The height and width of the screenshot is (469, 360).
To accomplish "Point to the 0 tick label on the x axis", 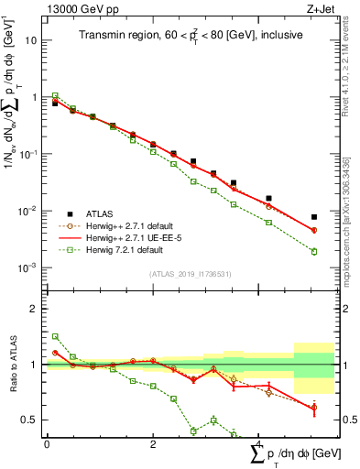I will (47, 444).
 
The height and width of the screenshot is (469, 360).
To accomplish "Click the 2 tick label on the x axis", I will (152, 444).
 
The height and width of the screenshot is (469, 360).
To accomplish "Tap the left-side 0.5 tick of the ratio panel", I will (29, 420).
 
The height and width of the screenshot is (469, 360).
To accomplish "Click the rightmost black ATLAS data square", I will (314, 217).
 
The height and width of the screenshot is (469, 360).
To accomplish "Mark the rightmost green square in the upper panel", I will (314, 252).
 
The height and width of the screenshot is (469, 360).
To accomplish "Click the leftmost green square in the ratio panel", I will (55, 336).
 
